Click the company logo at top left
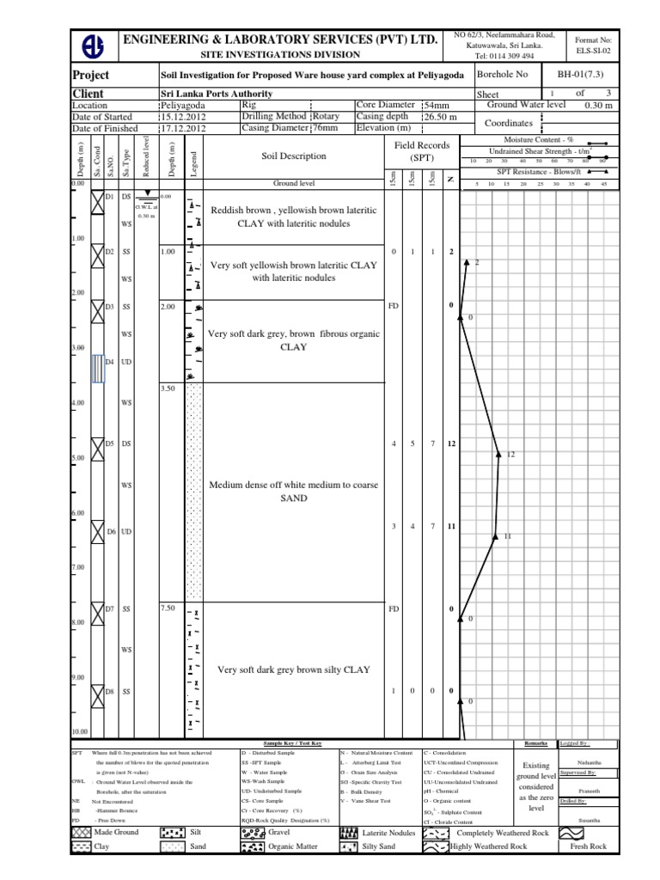point(93,46)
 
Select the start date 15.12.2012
point(184,117)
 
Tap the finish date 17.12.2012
point(184,129)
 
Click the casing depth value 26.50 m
point(439,117)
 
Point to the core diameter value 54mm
point(436,105)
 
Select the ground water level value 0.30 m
point(598,105)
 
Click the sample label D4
point(109,362)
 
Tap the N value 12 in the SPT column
point(451,443)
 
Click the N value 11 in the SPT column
point(451,525)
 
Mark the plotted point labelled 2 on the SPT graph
point(466,260)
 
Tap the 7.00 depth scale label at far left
point(78,568)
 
